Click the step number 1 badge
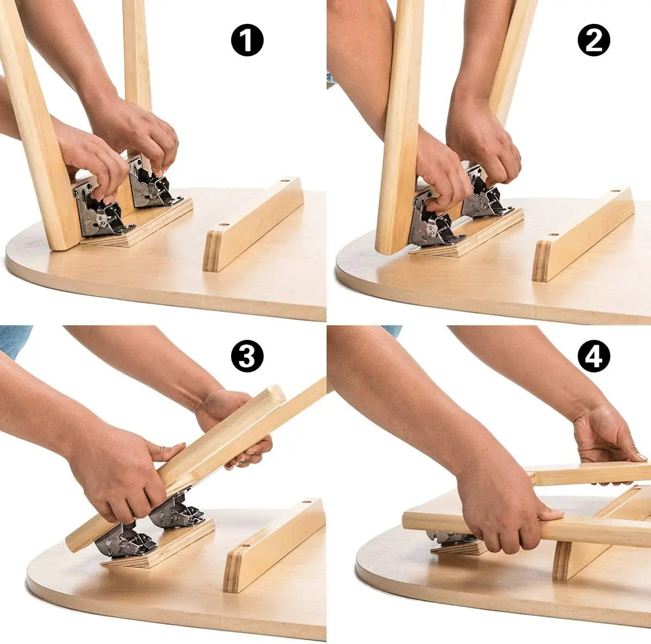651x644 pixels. (247, 41)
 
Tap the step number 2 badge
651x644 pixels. (594, 41)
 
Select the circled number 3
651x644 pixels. (247, 357)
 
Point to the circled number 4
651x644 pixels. (594, 357)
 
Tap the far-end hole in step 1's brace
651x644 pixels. (283, 181)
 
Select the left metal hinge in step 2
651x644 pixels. (431, 222)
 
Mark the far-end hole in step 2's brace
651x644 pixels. (614, 192)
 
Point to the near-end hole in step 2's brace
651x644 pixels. (553, 235)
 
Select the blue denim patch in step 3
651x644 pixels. (14, 339)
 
